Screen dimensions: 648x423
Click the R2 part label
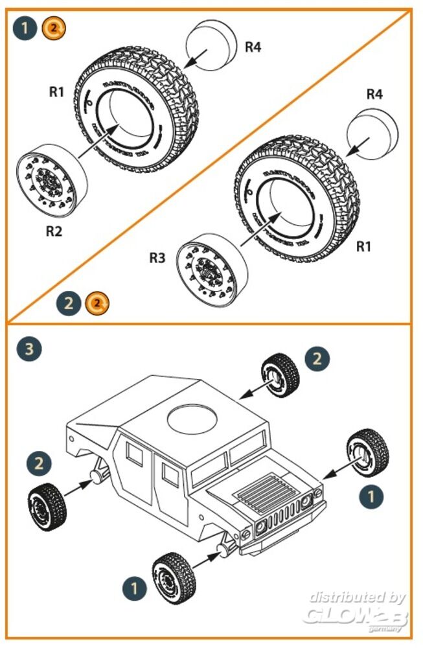click(54, 231)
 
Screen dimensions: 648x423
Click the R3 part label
click(157, 259)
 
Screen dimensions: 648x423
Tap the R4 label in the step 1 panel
click(253, 47)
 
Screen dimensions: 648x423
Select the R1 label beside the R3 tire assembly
click(365, 246)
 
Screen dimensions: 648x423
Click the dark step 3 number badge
click(29, 349)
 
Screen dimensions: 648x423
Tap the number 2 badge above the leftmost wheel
click(40, 463)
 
